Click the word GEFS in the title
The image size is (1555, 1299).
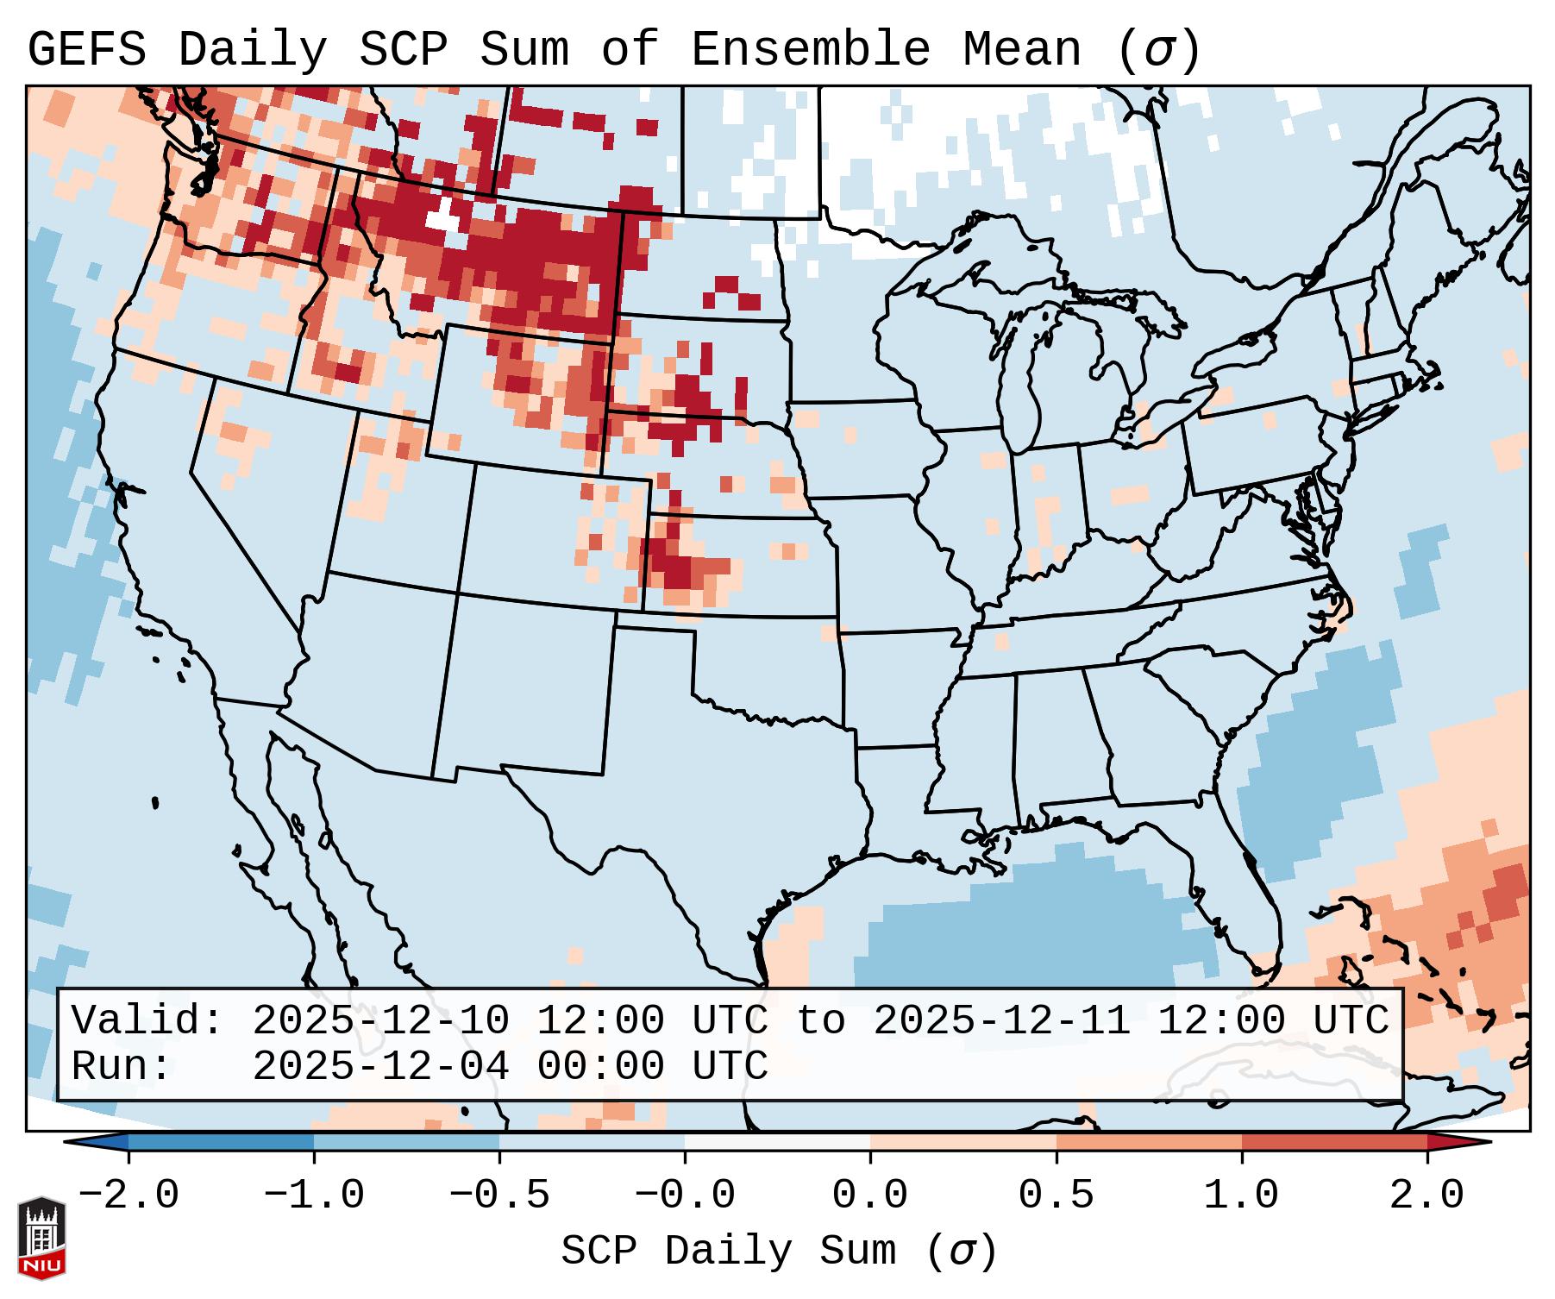click(x=86, y=50)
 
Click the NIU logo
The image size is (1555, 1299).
click(x=41, y=1239)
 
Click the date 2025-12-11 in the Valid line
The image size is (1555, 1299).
click(x=1001, y=1021)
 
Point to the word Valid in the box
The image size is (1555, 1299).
click(x=146, y=1021)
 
